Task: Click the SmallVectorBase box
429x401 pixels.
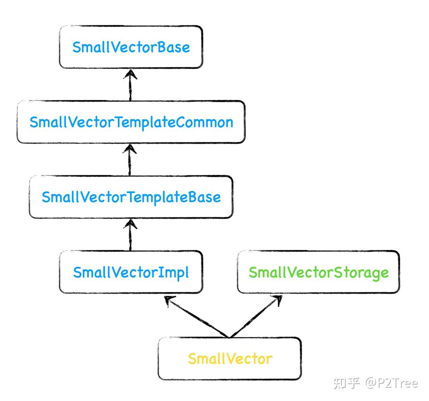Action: click(x=131, y=47)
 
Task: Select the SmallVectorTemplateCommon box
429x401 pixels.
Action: click(x=131, y=122)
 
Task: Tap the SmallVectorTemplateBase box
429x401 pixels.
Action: click(x=131, y=197)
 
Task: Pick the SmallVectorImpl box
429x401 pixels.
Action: click(x=131, y=272)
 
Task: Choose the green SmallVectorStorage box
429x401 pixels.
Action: click(x=318, y=272)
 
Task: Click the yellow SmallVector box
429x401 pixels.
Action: click(x=230, y=359)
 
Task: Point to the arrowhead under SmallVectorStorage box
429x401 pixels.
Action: click(x=277, y=300)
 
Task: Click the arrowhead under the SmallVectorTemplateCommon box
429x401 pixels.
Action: click(x=130, y=148)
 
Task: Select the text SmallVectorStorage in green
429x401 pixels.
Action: click(x=318, y=272)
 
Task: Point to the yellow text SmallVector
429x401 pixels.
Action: click(x=230, y=359)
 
